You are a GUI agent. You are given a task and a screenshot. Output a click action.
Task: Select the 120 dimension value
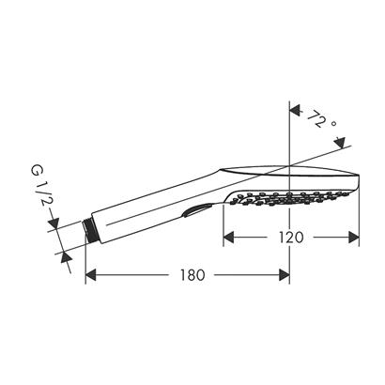292,238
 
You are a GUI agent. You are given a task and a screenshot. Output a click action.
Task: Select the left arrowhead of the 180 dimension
92,276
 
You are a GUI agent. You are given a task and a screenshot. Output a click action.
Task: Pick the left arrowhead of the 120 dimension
230,238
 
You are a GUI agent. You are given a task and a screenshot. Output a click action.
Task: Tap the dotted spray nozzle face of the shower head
282,200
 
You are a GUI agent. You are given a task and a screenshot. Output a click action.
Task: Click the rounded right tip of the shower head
359,180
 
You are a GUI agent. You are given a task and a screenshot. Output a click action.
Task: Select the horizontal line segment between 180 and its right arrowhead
244,276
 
